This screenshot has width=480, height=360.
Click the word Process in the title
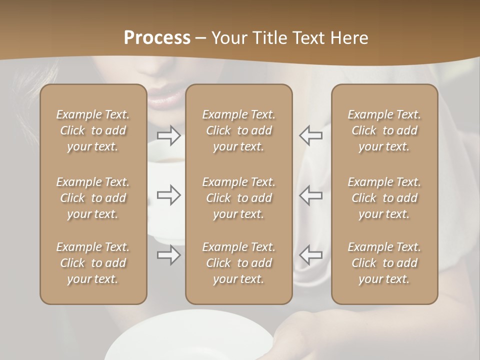pos(157,38)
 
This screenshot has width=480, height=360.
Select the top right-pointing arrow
pos(168,135)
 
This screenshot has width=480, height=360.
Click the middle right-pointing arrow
pos(168,195)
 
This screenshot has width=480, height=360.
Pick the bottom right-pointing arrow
pos(168,255)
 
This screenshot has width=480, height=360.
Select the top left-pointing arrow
pos(311,135)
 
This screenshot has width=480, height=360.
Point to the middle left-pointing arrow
pos(311,195)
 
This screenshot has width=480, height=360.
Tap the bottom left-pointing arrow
pos(311,255)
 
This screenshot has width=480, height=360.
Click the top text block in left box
pos(93,130)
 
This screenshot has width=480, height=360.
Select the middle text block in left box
pos(93,198)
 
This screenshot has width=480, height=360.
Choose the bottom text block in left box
pos(93,263)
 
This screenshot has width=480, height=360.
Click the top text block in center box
pos(239,130)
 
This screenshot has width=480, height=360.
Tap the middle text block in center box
pos(239,198)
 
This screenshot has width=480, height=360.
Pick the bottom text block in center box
pos(239,263)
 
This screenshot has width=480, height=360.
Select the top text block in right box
pos(384,130)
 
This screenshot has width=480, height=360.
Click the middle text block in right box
pos(384,198)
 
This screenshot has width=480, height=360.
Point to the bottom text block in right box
pos(384,263)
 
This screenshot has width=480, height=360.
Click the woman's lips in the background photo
pos(165,97)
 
